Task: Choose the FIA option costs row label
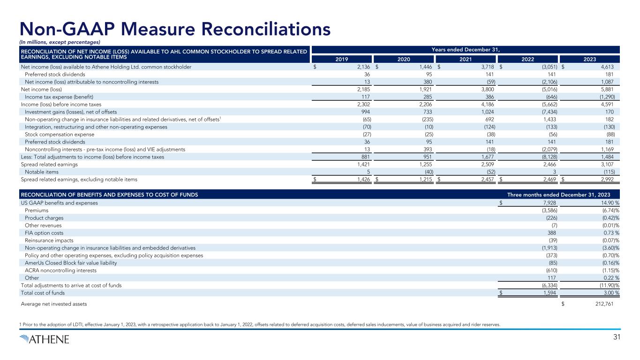[x=44, y=233]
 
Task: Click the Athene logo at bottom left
[x=45, y=339]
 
